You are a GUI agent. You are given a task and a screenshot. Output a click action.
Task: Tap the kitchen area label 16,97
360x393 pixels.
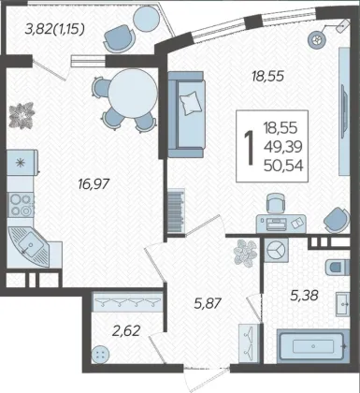tap(94, 184)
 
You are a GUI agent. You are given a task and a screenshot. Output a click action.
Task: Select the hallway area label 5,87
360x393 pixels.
tap(208, 303)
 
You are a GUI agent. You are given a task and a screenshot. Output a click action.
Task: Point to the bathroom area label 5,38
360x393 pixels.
tap(304, 295)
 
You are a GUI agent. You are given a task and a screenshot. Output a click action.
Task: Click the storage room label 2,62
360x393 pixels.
tap(126, 330)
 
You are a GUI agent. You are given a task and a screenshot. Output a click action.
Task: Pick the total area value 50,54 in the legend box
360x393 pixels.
tap(283, 166)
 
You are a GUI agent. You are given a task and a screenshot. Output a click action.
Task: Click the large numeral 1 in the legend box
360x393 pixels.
tap(249, 147)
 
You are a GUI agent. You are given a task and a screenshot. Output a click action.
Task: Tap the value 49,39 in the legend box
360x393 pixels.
tap(283, 147)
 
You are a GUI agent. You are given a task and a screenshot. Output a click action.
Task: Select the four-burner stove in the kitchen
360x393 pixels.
tap(21, 205)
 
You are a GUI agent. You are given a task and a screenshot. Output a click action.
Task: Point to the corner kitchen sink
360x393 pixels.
tap(28, 246)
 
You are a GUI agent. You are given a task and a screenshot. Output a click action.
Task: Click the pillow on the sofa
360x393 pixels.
tap(191, 103)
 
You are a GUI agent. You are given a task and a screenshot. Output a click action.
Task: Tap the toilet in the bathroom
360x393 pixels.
tap(338, 267)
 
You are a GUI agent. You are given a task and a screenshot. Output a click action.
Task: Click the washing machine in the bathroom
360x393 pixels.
tap(277, 250)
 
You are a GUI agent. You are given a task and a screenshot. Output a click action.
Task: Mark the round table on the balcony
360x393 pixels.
tap(147, 19)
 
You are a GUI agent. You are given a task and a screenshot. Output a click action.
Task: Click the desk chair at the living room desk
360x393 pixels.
tap(276, 203)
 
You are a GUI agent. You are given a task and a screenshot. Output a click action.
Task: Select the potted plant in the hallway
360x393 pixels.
tap(246, 253)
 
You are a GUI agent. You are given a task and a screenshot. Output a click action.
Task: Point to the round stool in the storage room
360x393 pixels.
tap(101, 355)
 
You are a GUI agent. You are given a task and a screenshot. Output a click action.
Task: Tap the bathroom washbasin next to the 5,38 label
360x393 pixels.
tap(342, 304)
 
